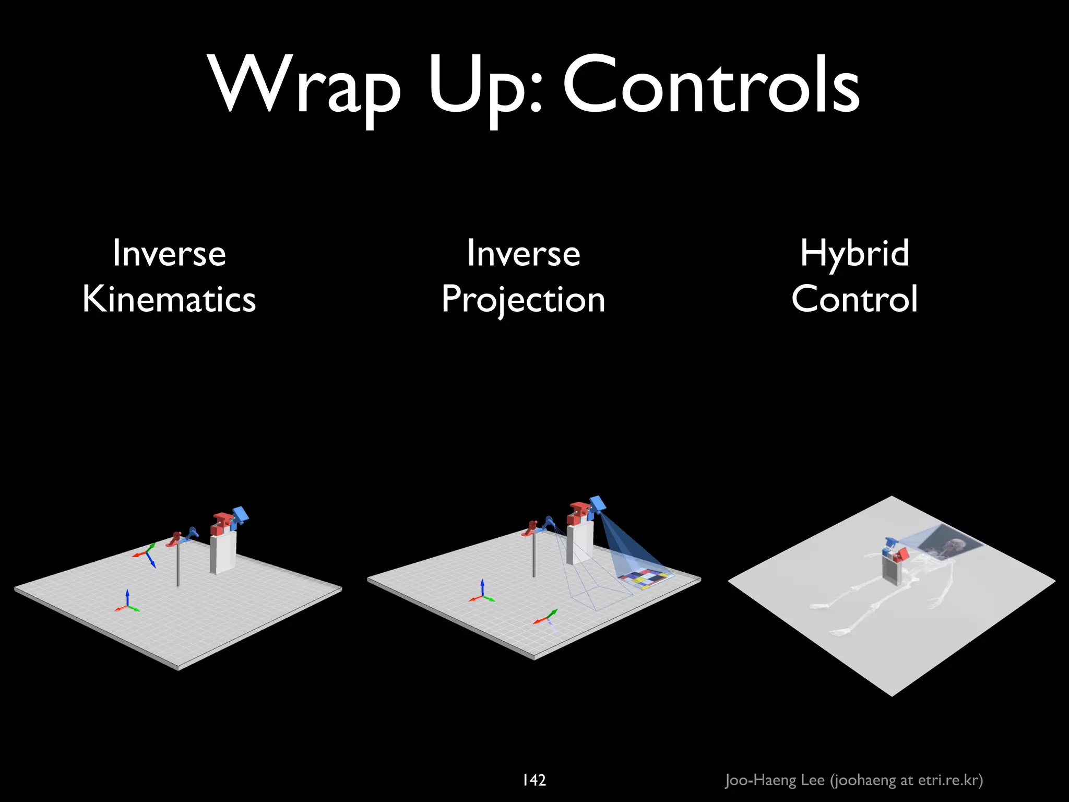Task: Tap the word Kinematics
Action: click(x=169, y=299)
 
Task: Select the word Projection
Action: click(x=523, y=300)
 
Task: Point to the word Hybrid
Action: click(x=854, y=253)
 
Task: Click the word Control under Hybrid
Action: click(x=854, y=299)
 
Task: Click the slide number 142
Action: click(x=534, y=780)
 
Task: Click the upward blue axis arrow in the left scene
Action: click(x=127, y=597)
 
